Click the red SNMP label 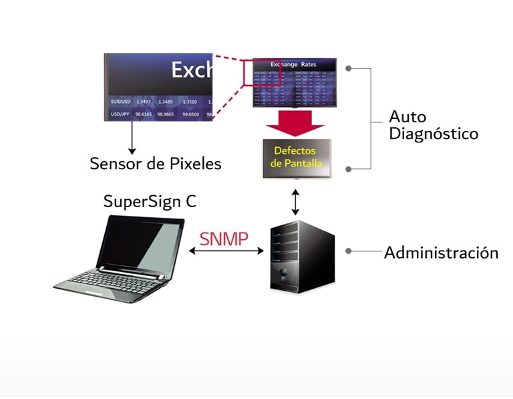click(224, 239)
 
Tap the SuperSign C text click(150, 202)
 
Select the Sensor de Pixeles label click(155, 163)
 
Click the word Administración click(441, 253)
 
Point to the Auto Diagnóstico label click(434, 125)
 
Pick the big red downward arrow click(295, 123)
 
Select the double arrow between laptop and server click(226, 251)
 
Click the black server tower click(301, 257)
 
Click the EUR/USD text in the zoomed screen click(121, 102)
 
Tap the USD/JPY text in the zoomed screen click(121, 114)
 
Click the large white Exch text click(191, 70)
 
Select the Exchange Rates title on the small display click(293, 65)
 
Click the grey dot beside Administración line click(349, 252)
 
